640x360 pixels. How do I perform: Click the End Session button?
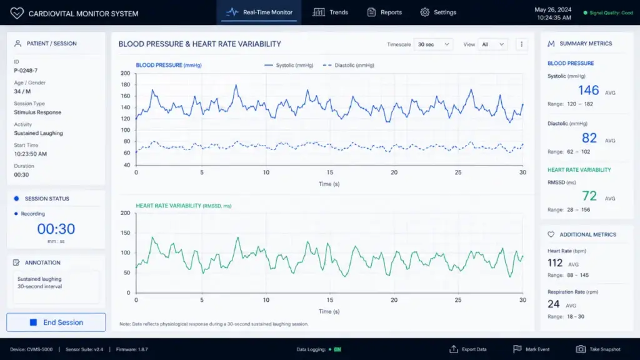pyautogui.click(x=56, y=322)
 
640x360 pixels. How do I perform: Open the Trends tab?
pyautogui.click(x=330, y=12)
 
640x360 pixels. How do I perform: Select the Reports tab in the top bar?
pyautogui.click(x=384, y=12)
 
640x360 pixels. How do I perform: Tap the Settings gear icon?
pyautogui.click(x=425, y=12)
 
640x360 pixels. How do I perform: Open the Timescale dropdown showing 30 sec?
pyautogui.click(x=434, y=44)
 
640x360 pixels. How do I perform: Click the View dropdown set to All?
pyautogui.click(x=492, y=44)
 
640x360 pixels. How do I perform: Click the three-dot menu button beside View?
pyautogui.click(x=521, y=44)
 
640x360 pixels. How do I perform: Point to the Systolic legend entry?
pyautogui.click(x=289, y=65)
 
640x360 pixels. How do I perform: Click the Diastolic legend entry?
pyautogui.click(x=348, y=65)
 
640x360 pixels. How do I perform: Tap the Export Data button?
pyautogui.click(x=468, y=349)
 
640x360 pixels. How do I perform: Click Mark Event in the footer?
pyautogui.click(x=531, y=349)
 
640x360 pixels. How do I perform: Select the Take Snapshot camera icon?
pyautogui.click(x=581, y=349)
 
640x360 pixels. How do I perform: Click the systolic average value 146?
pyautogui.click(x=588, y=90)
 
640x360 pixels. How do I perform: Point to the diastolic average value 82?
pyautogui.click(x=589, y=138)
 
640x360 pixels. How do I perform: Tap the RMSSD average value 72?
pyautogui.click(x=589, y=196)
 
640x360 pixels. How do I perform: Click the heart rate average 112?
pyautogui.click(x=555, y=263)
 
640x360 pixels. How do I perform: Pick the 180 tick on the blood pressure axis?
pyautogui.click(x=125, y=85)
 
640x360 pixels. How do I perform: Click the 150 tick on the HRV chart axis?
pyautogui.click(x=125, y=233)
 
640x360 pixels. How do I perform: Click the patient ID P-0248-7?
pyautogui.click(x=26, y=71)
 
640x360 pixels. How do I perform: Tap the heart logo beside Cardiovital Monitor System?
pyautogui.click(x=17, y=13)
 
